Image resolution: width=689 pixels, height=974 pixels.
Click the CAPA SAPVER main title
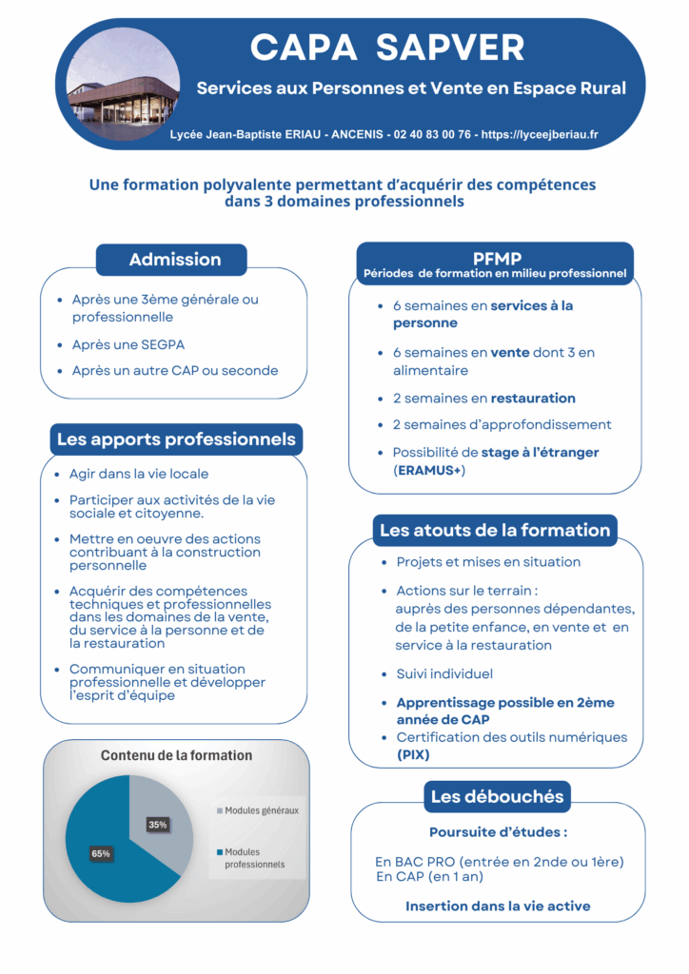pyautogui.click(x=386, y=47)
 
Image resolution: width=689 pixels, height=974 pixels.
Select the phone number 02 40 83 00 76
pyautogui.click(x=431, y=135)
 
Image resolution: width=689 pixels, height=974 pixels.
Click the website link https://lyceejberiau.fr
pyautogui.click(x=540, y=135)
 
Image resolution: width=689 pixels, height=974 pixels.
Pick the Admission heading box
pyautogui.click(x=175, y=260)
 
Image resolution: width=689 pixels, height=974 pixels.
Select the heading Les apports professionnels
pyautogui.click(x=176, y=439)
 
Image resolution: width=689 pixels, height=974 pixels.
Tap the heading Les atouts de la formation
pyautogui.click(x=494, y=530)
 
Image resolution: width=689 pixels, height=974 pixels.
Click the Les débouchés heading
pyautogui.click(x=497, y=796)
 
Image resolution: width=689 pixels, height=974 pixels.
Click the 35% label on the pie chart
pyautogui.click(x=158, y=825)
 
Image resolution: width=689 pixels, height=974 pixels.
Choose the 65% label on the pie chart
pyautogui.click(x=100, y=853)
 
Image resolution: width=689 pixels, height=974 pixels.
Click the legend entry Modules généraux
pyautogui.click(x=261, y=810)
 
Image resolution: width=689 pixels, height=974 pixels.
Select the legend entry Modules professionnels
pyautogui.click(x=254, y=858)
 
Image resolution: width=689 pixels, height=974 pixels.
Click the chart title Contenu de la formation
pyautogui.click(x=176, y=755)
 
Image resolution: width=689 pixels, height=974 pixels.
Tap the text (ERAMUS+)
pyautogui.click(x=429, y=470)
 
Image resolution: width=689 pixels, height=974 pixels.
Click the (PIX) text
pyautogui.click(x=413, y=754)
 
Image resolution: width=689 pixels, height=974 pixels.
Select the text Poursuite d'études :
pyautogui.click(x=498, y=832)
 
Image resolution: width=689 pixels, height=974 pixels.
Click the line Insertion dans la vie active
pyautogui.click(x=498, y=906)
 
